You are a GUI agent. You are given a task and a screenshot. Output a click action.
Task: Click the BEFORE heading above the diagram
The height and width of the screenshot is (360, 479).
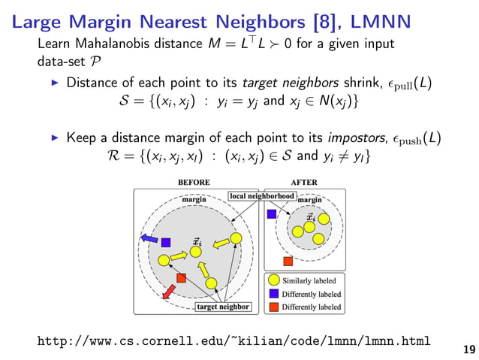point(194,182)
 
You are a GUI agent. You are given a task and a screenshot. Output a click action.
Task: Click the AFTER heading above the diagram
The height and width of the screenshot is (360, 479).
point(304,182)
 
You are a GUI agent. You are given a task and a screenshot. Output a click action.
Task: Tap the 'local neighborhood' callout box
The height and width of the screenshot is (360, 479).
point(261,196)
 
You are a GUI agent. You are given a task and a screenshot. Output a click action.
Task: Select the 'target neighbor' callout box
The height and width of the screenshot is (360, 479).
point(223,307)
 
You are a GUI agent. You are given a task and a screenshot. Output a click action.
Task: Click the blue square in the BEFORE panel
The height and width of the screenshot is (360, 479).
point(166,243)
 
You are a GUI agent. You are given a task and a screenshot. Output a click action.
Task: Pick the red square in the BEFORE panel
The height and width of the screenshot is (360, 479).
point(180,278)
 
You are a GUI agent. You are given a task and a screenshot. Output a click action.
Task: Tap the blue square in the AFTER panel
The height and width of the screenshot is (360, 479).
point(271,214)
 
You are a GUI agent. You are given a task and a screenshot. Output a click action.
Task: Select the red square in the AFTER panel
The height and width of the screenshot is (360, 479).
point(288,262)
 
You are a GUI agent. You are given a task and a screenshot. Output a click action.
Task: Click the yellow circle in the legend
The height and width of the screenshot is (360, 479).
point(274,281)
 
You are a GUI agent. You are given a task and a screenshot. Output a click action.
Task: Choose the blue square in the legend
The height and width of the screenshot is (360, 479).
point(274,294)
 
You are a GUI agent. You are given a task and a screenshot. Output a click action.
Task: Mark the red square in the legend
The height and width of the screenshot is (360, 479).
point(274,307)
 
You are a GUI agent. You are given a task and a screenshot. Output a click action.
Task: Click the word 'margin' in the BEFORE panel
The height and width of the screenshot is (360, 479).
point(194,199)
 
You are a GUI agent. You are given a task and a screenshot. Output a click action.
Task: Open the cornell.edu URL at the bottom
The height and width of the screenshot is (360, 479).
point(233,342)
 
